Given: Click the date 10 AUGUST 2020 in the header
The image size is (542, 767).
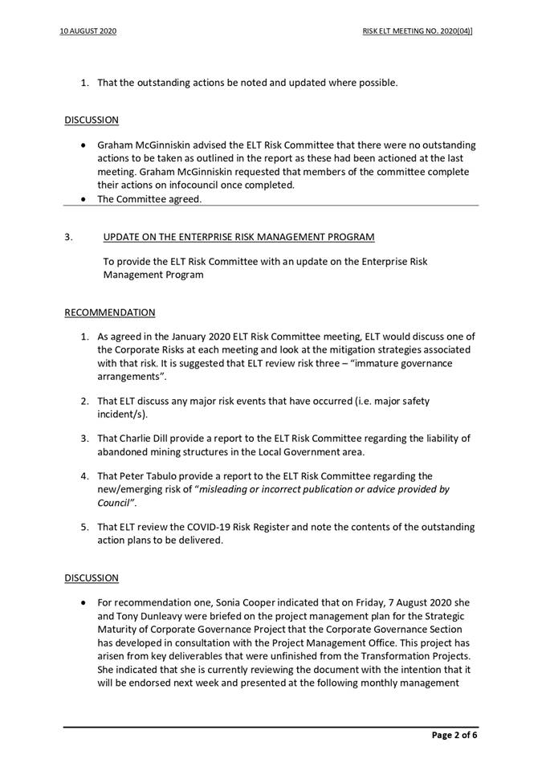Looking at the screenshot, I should [88, 31].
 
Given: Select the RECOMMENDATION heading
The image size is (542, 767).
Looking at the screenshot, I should [110, 312].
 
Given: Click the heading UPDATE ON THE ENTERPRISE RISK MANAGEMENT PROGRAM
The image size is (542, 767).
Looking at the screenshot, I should [238, 237].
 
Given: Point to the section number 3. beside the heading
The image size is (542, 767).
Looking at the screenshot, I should [69, 237].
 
